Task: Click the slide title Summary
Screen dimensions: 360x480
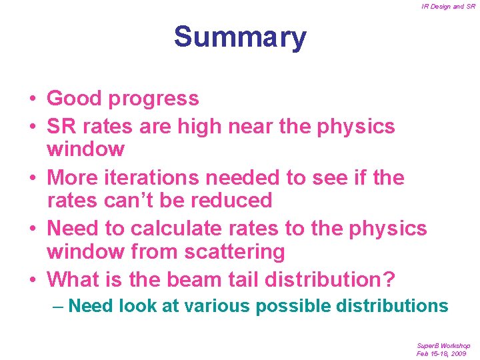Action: (240, 37)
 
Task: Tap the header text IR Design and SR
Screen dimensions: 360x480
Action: (448, 7)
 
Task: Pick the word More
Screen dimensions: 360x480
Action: (73, 178)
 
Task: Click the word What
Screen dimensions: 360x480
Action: (72, 279)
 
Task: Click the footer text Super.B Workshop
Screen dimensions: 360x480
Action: (443, 346)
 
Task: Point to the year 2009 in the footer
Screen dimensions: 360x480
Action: (458, 353)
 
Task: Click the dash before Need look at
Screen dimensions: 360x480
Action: (59, 306)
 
